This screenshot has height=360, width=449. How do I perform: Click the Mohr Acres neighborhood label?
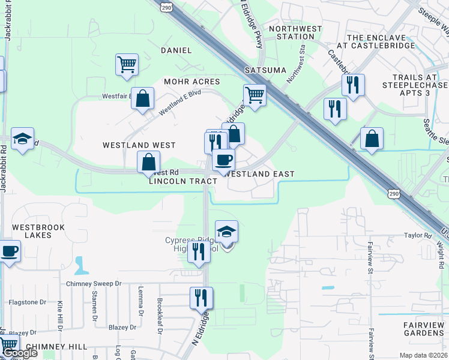coord(192,81)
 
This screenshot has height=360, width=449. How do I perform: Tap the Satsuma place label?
coord(265,70)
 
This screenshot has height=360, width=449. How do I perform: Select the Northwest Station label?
coord(295,32)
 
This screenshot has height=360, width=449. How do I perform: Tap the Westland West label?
coord(139,145)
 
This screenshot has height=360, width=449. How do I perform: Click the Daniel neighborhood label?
coord(176,50)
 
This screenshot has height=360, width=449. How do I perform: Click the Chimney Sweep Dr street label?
coord(94,283)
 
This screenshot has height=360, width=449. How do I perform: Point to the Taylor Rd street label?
coord(418,236)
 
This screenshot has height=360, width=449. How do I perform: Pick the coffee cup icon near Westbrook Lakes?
coord(10,250)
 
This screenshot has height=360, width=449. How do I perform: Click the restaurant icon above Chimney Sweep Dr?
coord(199,252)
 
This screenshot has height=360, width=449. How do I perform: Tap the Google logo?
coord(20,352)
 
